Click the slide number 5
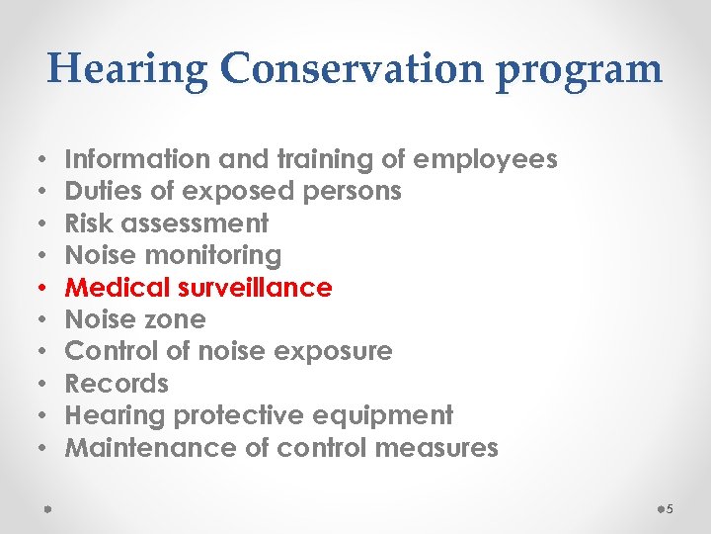[669, 509]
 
